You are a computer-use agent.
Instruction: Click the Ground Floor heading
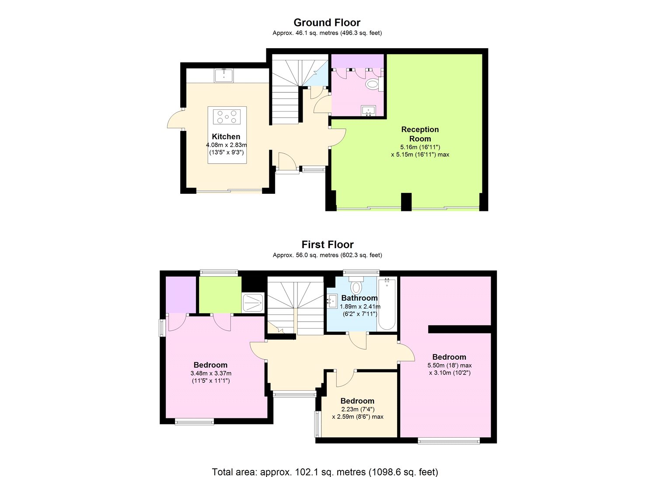pos(327,22)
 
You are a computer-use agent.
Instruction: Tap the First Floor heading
pos(328,245)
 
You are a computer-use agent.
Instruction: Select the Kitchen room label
pos(226,137)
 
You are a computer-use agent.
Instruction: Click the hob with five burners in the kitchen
pos(227,116)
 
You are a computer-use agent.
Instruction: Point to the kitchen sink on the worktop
pos(223,76)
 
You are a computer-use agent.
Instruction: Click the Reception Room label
pos(420,134)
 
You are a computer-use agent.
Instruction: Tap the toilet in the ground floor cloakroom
pos(372,84)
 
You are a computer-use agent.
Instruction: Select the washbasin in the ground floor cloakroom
pos(369,110)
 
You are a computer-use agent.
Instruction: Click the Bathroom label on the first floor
pos(359,298)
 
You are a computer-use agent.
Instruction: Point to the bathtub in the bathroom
pos(387,304)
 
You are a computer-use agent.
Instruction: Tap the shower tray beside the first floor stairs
pos(253,302)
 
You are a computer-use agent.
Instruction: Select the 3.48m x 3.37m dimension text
pos(211,373)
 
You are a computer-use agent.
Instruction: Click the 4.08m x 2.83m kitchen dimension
pos(227,145)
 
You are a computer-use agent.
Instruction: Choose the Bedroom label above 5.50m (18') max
pos(449,357)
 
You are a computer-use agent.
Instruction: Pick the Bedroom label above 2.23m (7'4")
pos(357,401)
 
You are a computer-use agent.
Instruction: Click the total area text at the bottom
pos(325,472)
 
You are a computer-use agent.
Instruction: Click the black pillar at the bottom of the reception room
pos(406,202)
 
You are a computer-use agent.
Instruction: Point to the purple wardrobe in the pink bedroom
pos(181,295)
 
